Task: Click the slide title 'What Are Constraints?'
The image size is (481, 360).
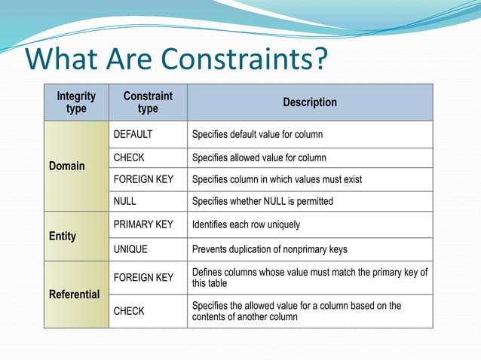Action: coord(177,59)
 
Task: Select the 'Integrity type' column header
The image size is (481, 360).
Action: coord(76,102)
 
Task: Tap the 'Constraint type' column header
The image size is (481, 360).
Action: coord(148,102)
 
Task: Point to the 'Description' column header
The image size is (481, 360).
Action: coord(309,102)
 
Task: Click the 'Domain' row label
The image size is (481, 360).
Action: coord(67,166)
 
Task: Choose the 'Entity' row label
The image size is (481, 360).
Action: coord(63,236)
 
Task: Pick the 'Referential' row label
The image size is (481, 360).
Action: coord(75,294)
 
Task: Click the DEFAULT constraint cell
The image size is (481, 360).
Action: coord(133,135)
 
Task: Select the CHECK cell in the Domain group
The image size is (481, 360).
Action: coord(129,157)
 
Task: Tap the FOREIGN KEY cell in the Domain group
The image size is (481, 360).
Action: coord(143,179)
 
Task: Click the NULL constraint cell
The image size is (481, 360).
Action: coord(124,201)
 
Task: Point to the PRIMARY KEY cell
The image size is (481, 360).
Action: coord(142,224)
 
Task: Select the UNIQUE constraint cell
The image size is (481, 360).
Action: coord(130,249)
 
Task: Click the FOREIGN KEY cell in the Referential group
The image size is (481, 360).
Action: coord(143,278)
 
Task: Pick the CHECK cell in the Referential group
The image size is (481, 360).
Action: coord(129,311)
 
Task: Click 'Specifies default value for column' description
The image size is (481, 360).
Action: coord(257,135)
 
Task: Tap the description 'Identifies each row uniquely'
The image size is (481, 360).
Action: coord(246,224)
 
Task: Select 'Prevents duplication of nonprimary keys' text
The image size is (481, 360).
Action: coord(269,249)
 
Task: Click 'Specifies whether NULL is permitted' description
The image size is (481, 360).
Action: coord(262,201)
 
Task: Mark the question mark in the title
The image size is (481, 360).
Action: coord(320,59)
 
